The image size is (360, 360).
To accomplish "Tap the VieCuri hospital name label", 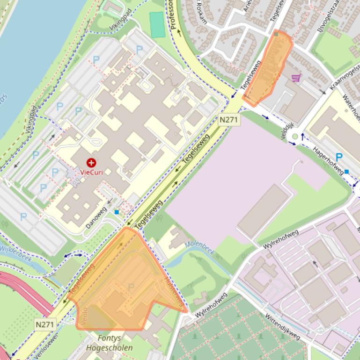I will [91, 172].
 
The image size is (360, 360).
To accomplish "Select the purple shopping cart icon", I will [295, 78].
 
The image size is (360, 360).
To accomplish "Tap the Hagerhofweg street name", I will [328, 159].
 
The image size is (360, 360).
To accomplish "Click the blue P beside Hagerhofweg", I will [339, 157].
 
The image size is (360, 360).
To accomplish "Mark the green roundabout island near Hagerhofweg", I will [295, 137].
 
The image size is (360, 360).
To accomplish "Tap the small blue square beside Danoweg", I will [117, 212].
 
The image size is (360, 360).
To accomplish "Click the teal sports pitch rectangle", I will [157, 24].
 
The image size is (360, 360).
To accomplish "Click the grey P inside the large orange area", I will [131, 287].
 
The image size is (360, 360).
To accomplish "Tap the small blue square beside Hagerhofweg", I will [346, 172].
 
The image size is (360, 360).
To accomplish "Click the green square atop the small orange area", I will [277, 34].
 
